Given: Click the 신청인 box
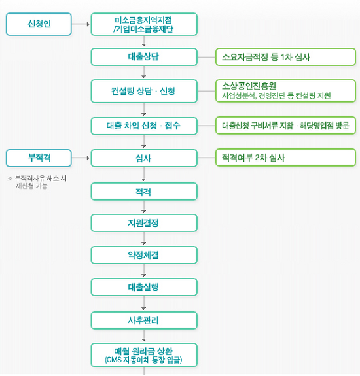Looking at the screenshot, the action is (x=39, y=24).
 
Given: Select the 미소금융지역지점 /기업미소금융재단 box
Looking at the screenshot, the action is (x=144, y=24).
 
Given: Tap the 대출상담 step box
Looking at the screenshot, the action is (x=144, y=57).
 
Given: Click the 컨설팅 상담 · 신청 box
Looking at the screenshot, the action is (x=144, y=91).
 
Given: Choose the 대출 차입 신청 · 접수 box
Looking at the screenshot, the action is (x=144, y=126).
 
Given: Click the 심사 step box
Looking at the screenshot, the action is (x=144, y=158).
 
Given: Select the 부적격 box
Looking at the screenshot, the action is (x=39, y=158).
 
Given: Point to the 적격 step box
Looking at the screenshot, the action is (x=144, y=192).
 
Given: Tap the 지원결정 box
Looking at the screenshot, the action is (x=144, y=223).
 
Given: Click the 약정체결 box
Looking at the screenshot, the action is (x=144, y=255).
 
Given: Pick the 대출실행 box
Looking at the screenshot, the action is (x=144, y=287).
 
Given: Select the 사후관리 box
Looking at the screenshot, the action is (x=144, y=320).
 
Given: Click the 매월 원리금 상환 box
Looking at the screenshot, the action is (x=144, y=355).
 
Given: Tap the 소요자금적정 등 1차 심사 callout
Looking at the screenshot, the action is (x=285, y=57).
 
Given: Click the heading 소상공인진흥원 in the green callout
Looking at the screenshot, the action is (x=249, y=86).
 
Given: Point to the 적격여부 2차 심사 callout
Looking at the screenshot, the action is (x=285, y=158).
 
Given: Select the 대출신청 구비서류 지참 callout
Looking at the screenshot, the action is (x=285, y=126).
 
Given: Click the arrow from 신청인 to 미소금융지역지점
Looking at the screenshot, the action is (x=81, y=24).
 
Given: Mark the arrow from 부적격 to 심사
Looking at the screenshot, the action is (x=81, y=158).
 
